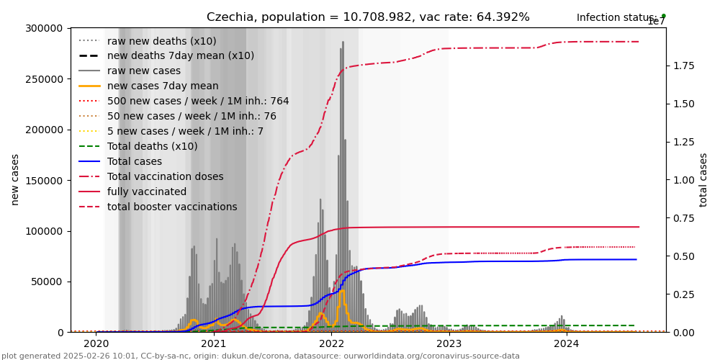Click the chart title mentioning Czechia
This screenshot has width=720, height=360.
[368, 17]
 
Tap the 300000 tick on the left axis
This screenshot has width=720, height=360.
[42, 28]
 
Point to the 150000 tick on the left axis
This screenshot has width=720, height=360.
[42, 130]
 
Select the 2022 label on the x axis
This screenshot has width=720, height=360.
[331, 343]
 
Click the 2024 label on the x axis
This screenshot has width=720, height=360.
[567, 343]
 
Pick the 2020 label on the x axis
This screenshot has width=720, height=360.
[96, 343]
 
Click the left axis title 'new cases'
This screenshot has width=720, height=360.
[15, 179]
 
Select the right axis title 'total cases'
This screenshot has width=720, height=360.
[703, 179]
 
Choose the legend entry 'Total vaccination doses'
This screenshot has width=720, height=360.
[165, 176]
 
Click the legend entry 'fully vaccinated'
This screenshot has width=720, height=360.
[146, 192]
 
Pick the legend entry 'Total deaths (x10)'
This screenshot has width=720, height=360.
[152, 146]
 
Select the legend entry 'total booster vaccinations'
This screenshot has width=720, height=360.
[172, 207]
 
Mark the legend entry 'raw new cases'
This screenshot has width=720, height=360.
[143, 71]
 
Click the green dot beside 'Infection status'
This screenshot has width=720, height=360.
[663, 16]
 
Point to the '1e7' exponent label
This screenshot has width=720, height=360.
[657, 22]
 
